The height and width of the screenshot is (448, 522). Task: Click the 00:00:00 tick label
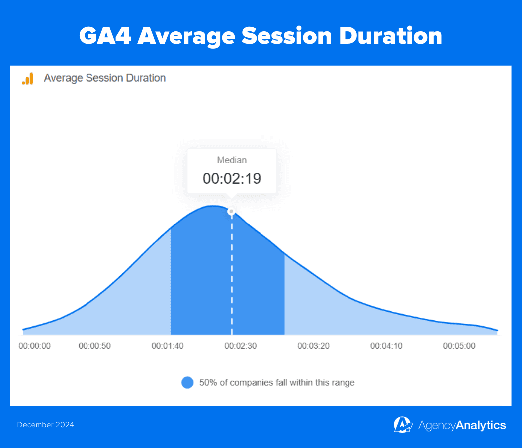tap(34, 346)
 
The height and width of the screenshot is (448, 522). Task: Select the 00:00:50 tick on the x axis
tap(94, 346)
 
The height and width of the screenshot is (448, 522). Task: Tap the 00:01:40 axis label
tap(168, 346)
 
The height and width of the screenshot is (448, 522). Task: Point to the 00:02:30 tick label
tap(241, 346)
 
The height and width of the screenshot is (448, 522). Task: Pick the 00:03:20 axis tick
tap(314, 346)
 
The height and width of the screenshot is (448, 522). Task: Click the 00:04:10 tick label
tap(386, 346)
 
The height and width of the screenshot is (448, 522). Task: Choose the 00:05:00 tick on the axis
tap(459, 346)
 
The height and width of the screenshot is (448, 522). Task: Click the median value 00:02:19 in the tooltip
tap(232, 179)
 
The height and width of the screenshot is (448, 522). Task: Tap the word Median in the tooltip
tap(232, 160)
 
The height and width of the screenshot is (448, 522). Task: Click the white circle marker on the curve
tap(231, 212)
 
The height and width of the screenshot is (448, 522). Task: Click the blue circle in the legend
tap(187, 383)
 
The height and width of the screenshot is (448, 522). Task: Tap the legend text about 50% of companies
tap(277, 383)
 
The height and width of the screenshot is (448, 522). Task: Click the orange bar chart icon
tap(27, 78)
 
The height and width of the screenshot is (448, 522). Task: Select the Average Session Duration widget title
tap(104, 78)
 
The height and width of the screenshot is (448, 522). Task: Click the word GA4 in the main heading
tap(104, 36)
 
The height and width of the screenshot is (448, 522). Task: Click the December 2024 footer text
tap(45, 425)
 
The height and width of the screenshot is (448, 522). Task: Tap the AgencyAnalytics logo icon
tap(403, 425)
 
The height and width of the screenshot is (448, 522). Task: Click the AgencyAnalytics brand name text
tap(462, 425)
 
